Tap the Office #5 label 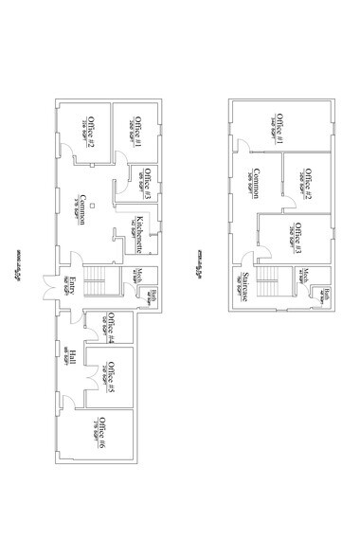111,377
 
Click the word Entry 71,285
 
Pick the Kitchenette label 139,233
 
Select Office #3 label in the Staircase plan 297,237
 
